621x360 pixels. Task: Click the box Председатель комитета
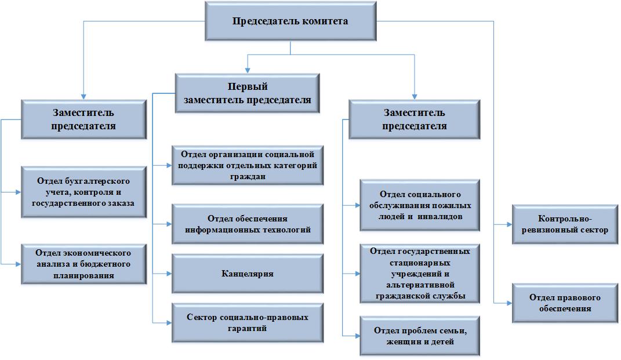point(290,21)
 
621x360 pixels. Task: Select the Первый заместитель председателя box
point(247,93)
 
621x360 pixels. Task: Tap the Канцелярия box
point(248,274)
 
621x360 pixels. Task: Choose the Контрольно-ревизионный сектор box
point(565,224)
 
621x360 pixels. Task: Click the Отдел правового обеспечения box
point(565,303)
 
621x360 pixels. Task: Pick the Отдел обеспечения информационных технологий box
point(248,224)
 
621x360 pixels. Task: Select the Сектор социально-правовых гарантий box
point(248,323)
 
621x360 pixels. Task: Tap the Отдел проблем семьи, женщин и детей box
point(420,336)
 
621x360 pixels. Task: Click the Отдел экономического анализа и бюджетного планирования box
point(83,264)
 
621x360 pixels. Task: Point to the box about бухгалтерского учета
point(83,192)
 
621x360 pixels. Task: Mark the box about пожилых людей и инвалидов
point(420,205)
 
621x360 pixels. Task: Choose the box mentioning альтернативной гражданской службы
point(420,274)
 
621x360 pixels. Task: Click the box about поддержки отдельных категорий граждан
point(248,166)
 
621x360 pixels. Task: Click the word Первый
point(248,86)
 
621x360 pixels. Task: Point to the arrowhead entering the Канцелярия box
point(169,274)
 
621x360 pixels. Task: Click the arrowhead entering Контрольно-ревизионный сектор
point(509,224)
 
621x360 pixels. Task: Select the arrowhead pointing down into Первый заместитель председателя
point(248,71)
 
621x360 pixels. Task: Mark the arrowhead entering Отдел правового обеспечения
point(509,303)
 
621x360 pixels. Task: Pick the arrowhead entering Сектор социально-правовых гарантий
point(169,323)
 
